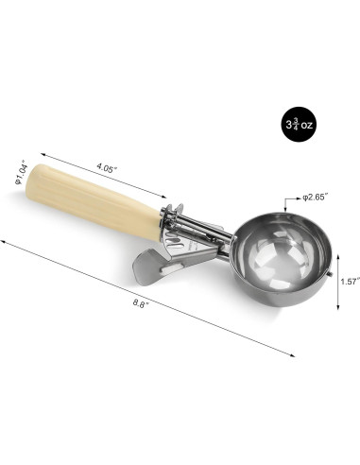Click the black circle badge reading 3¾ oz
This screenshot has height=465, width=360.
point(299,124)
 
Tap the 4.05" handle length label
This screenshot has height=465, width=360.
point(107,167)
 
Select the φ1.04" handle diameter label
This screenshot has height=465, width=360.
point(22,173)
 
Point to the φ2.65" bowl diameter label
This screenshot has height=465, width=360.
point(316,198)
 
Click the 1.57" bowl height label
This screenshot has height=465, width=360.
point(350,282)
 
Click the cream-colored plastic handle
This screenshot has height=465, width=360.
point(94,201)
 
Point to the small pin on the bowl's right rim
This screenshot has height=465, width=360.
point(331,274)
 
